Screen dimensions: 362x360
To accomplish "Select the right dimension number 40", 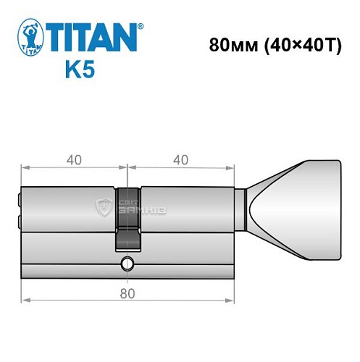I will coord(181,159).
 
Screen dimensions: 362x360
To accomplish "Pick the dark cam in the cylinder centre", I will coord(127,214).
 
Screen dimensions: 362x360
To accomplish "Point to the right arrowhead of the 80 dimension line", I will coord(234,298).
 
